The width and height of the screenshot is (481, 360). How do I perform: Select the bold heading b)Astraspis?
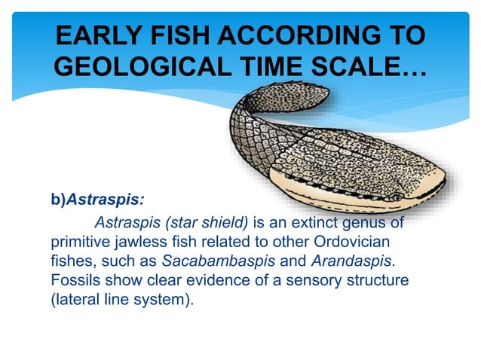click(97, 201)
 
